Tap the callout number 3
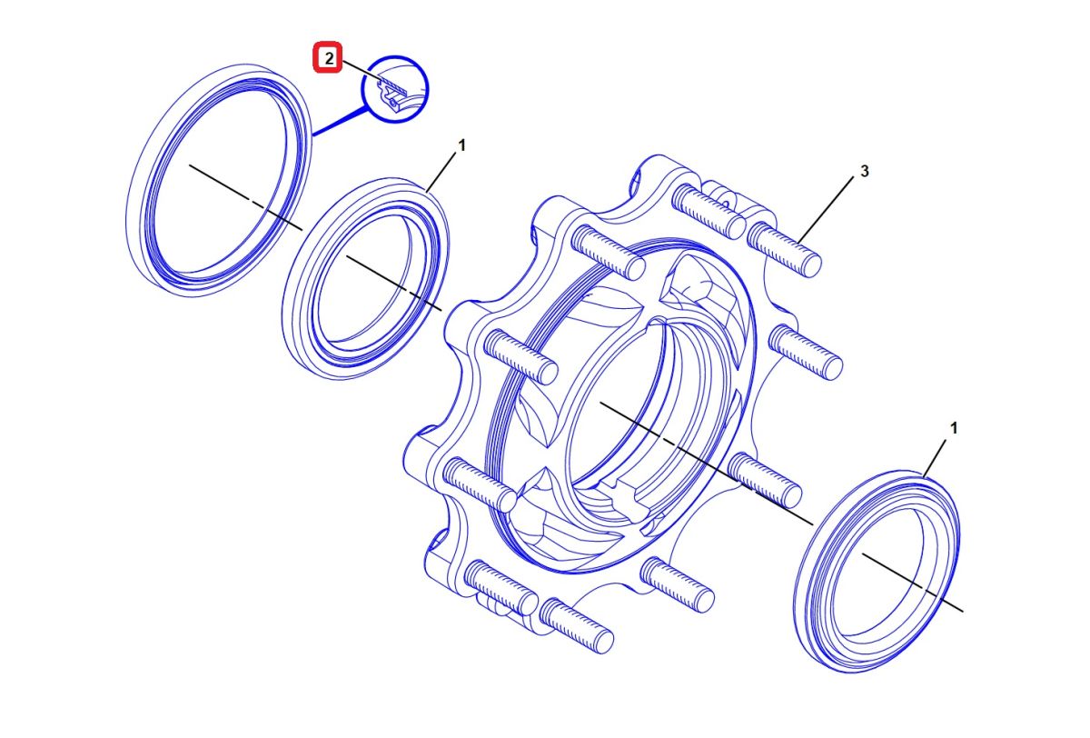(x=864, y=172)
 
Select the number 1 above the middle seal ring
(x=461, y=145)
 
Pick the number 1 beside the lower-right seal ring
(x=954, y=428)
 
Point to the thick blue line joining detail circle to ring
(x=340, y=122)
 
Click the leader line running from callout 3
(x=826, y=209)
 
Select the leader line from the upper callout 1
(x=441, y=172)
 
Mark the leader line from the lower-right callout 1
(x=935, y=457)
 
